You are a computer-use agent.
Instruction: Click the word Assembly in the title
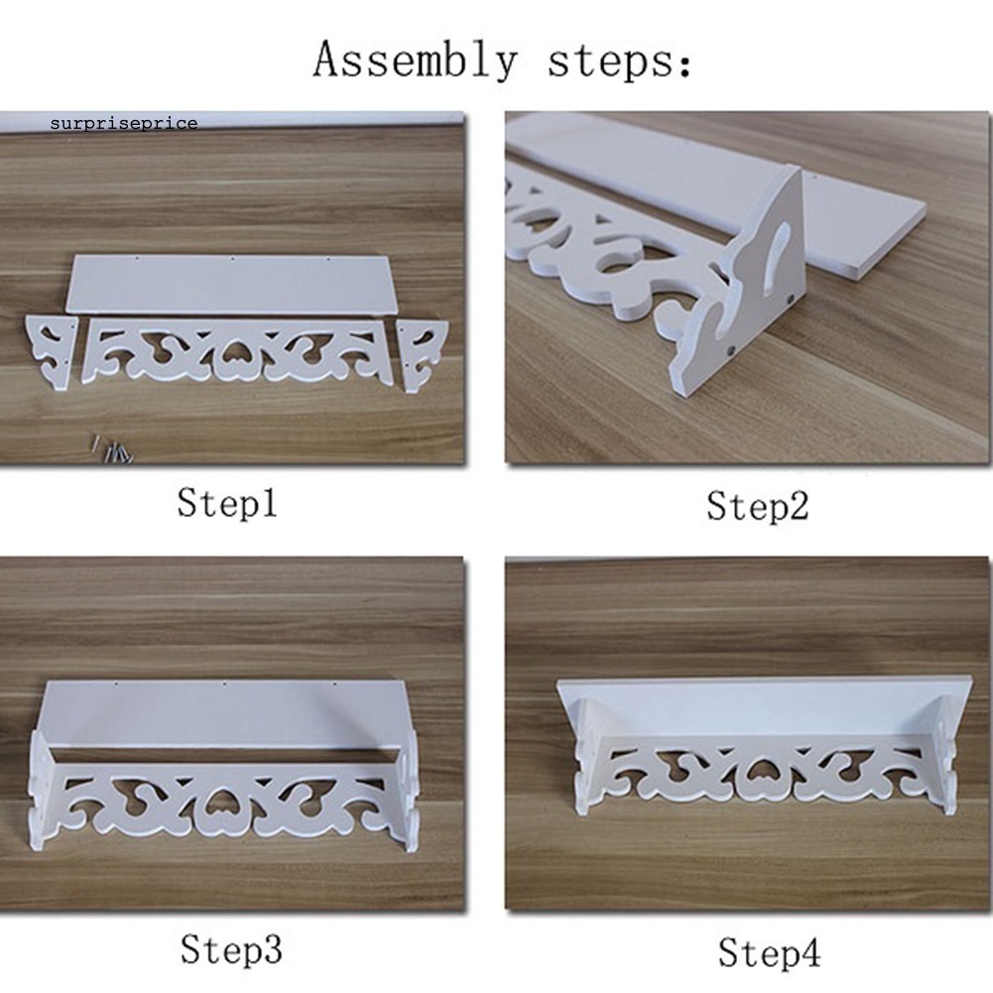[x=415, y=61]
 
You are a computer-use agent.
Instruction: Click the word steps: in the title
[x=619, y=62]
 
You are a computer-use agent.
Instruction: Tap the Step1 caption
[x=227, y=504]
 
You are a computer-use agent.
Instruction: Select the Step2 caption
[x=758, y=507]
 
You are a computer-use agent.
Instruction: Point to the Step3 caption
[x=230, y=949]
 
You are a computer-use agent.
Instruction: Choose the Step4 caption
[x=769, y=952]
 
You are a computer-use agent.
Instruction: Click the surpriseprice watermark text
[x=124, y=123]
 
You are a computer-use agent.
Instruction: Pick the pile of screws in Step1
[x=113, y=449]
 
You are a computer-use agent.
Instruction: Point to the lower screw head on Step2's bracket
[x=730, y=349]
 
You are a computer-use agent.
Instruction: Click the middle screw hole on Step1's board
[x=232, y=258]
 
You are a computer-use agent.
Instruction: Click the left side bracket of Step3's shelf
[x=41, y=791]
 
